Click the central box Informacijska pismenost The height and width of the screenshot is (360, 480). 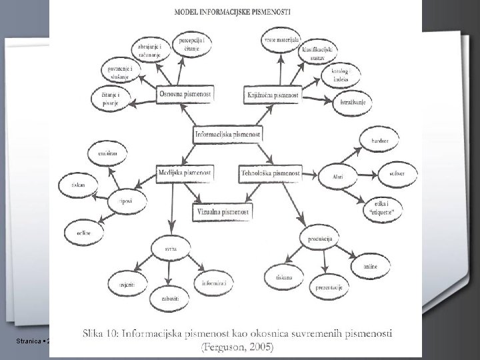click(227, 134)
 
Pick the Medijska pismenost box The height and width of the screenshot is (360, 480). click(185, 173)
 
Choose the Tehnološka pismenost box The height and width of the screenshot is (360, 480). click(269, 174)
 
